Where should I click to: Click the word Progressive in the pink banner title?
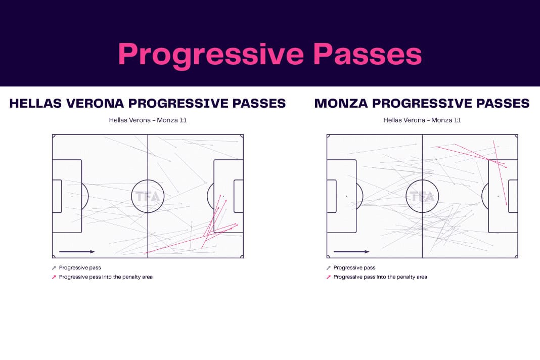(211, 55)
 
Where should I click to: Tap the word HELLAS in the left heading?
(35, 103)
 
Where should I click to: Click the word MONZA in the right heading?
(341, 103)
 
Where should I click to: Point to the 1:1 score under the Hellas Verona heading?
(182, 120)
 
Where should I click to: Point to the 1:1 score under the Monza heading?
(457, 120)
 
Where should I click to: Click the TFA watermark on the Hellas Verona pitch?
(148, 196)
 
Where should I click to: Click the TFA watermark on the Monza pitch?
(422, 196)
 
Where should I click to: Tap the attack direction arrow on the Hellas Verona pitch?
(77, 252)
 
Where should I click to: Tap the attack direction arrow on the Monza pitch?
(351, 252)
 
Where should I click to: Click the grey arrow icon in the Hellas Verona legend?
(54, 267)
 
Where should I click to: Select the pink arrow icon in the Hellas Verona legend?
(54, 277)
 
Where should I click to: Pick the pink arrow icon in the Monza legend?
(328, 277)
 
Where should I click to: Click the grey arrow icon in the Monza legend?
(328, 267)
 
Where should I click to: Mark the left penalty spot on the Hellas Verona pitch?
(72, 196)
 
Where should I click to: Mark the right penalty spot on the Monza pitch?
(498, 196)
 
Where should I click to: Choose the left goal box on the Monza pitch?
(332, 196)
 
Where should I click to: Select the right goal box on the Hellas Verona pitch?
(239, 196)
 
